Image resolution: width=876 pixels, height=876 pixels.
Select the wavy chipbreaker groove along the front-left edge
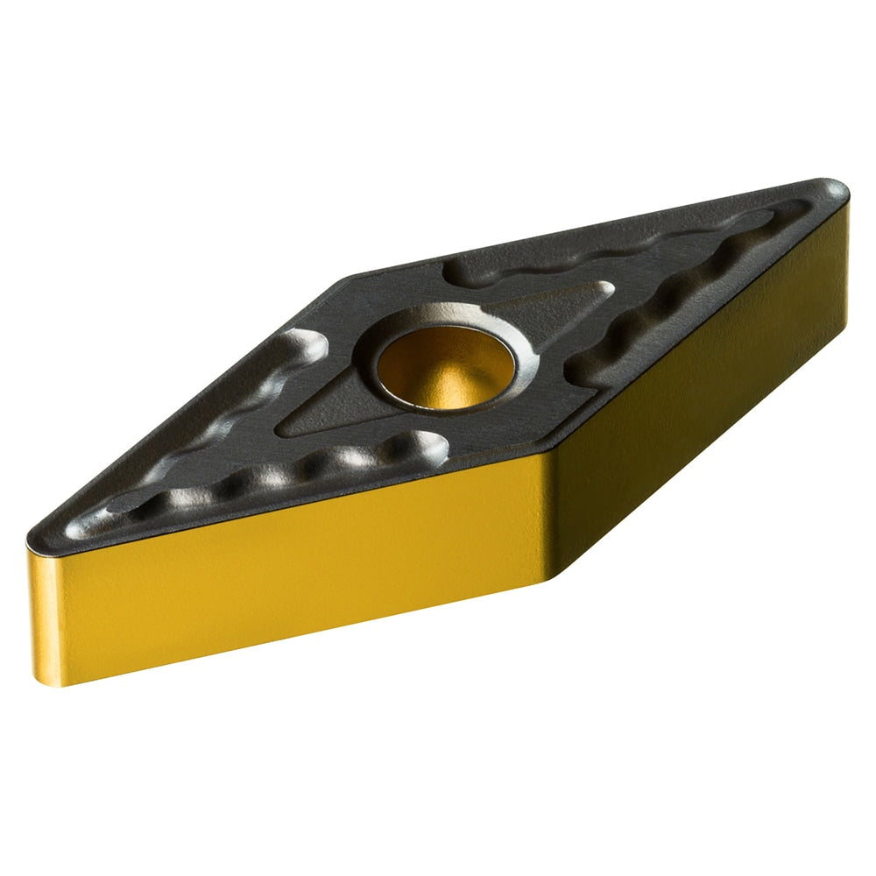pyautogui.click(x=263, y=477)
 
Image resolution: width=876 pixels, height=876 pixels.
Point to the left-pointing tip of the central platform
pyautogui.click(x=285, y=429)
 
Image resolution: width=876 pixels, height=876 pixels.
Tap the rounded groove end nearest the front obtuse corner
pyautogui.click(x=434, y=447)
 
